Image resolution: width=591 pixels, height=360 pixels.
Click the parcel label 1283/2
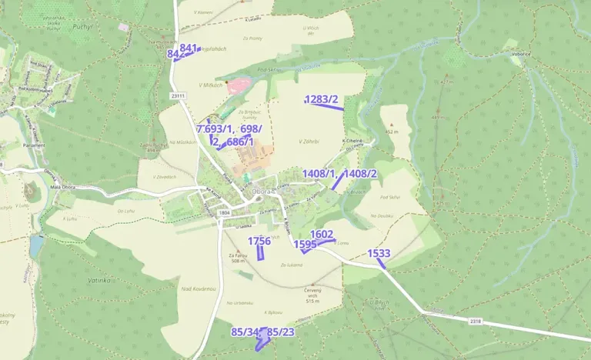322,98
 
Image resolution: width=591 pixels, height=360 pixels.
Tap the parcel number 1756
259,241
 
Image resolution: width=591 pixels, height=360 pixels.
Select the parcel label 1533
379,254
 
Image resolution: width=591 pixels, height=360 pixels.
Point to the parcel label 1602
322,235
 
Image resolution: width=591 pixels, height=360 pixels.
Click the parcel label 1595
306,245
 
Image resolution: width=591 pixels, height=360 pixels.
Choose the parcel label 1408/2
360,174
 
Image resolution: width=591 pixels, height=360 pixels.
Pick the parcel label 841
189,48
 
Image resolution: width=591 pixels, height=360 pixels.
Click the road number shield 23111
179,95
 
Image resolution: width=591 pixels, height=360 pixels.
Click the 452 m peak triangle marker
395,124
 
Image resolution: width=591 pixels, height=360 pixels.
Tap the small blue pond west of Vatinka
37,245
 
